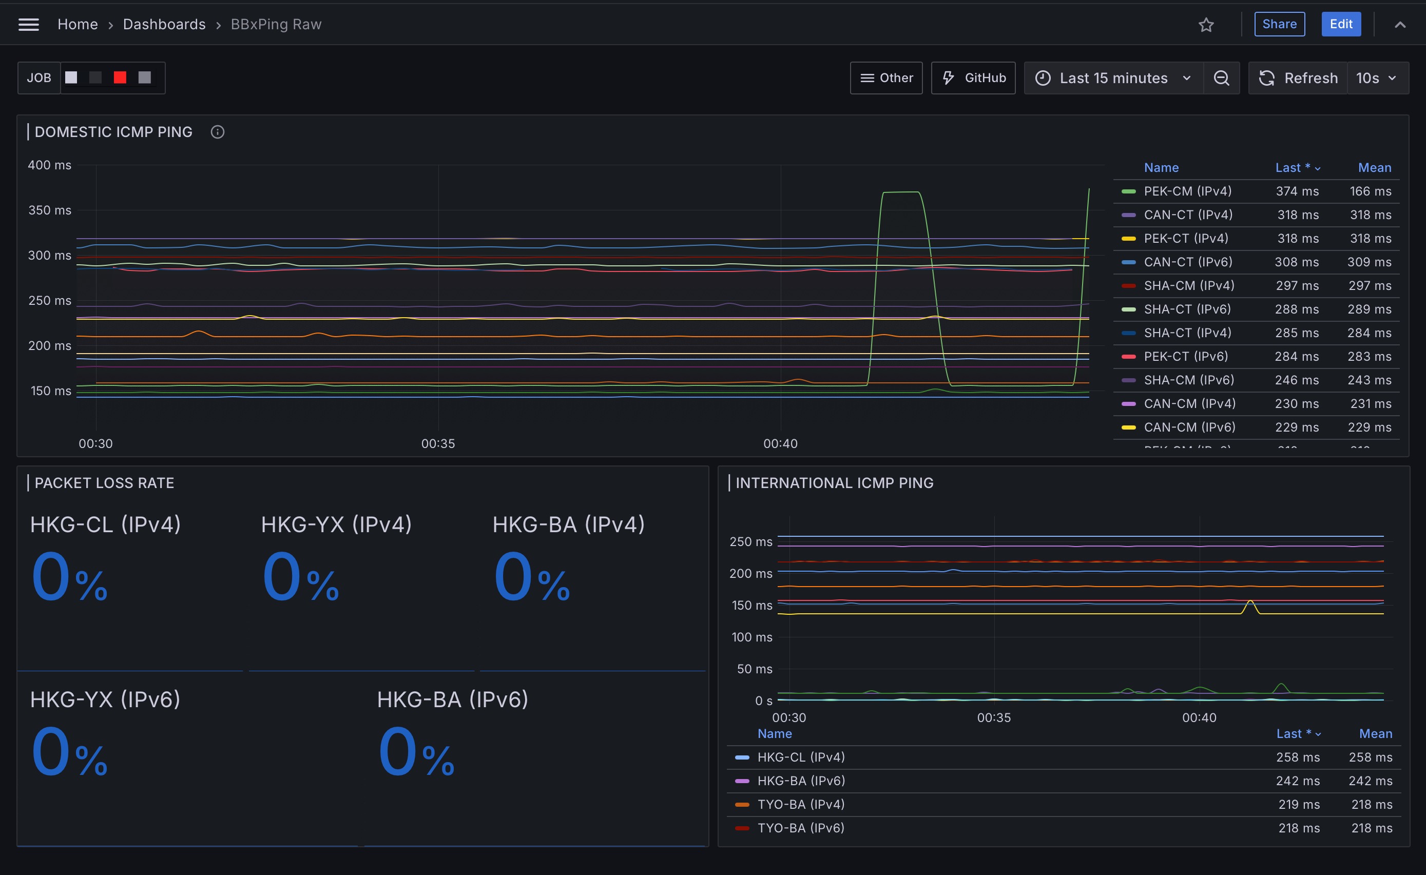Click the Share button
click(1279, 24)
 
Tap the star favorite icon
click(1206, 25)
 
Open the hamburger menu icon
click(28, 24)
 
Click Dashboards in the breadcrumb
click(164, 24)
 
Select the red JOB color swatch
click(120, 77)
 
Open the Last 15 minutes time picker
click(1113, 78)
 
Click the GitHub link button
click(973, 78)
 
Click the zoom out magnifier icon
click(1221, 78)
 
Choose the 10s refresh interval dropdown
click(1377, 78)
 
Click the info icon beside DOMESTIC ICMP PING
click(218, 132)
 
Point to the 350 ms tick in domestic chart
click(50, 210)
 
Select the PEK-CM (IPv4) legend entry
click(1187, 191)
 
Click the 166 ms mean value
click(1371, 191)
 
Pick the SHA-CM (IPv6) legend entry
click(1189, 380)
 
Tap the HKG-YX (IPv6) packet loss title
click(105, 699)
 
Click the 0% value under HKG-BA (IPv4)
click(532, 577)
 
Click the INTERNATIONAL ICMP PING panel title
click(835, 483)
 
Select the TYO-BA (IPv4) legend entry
click(801, 804)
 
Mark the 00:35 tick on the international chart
click(994, 717)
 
